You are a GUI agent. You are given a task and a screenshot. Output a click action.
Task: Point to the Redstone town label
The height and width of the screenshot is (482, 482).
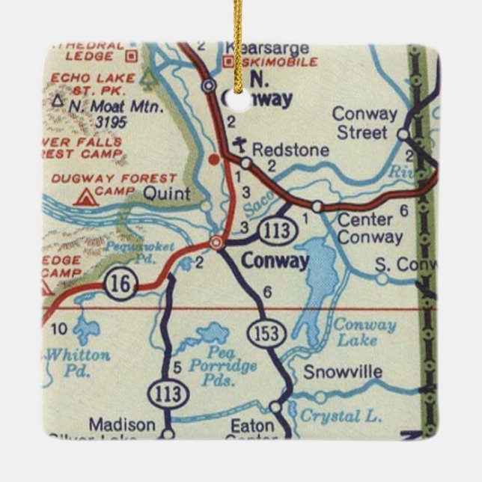click(290, 150)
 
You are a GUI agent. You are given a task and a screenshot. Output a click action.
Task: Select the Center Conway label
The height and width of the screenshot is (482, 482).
click(370, 229)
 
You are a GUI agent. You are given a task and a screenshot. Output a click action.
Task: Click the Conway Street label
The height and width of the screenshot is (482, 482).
click(364, 123)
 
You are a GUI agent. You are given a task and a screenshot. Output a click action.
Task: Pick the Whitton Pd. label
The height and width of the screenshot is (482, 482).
click(78, 361)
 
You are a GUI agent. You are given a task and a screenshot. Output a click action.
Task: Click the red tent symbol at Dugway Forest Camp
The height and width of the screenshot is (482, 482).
click(87, 198)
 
